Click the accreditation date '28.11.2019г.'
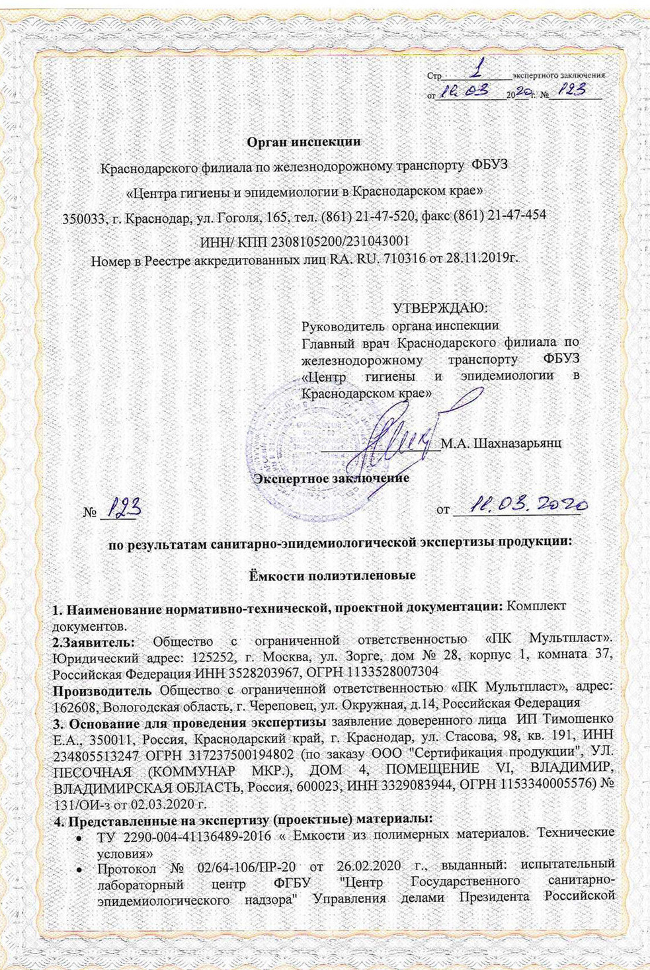(484, 258)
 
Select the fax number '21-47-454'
(522, 216)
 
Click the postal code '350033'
(82, 217)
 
